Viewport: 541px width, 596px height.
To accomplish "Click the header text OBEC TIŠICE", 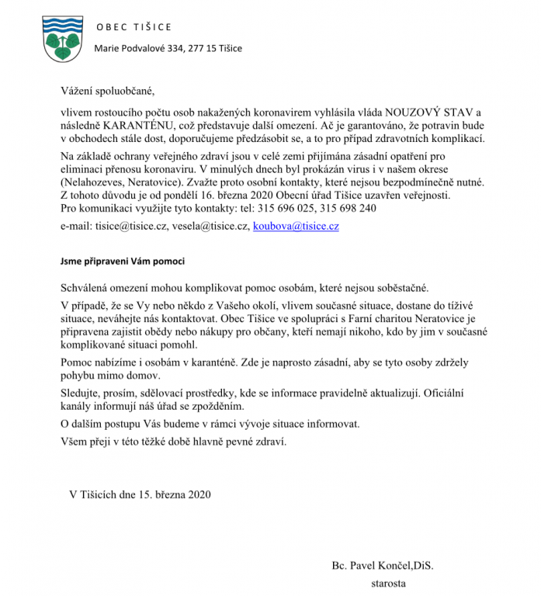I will point(134,28).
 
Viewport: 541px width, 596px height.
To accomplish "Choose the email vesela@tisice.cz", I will point(211,227).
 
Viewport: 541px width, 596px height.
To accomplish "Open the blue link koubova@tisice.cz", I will point(296,227).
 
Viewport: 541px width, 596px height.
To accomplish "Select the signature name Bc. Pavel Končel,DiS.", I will point(383,566).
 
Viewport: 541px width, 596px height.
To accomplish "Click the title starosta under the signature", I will point(389,582).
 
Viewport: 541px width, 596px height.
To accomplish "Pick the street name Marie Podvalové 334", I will point(142,49).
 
